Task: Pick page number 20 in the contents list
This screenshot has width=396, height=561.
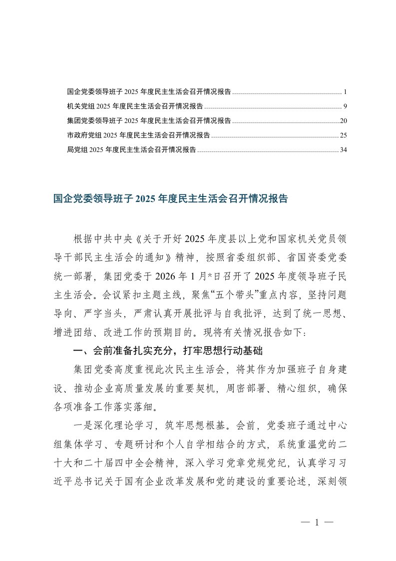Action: (343, 121)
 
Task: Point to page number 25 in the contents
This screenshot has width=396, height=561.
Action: (343, 135)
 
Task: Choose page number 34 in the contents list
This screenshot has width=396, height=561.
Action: (343, 149)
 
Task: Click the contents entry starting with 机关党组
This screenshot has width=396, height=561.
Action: (134, 106)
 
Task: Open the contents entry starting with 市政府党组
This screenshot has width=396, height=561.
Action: (138, 135)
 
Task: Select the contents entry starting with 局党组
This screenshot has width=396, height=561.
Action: (131, 149)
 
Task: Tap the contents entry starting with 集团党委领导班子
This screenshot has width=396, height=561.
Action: (148, 121)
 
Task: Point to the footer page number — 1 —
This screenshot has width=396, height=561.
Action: (317, 522)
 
